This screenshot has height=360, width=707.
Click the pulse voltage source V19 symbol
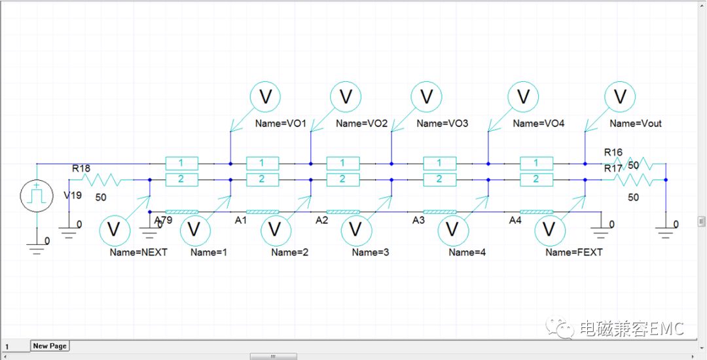click(37, 195)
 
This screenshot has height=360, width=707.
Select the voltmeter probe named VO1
click(266, 97)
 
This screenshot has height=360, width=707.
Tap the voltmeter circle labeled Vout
click(619, 97)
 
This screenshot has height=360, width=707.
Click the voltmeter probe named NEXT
click(113, 229)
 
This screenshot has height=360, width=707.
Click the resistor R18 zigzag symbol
click(98, 179)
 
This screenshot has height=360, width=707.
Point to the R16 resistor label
click(613, 153)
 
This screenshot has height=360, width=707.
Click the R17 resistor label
click(613, 169)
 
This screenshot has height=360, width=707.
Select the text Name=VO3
click(442, 123)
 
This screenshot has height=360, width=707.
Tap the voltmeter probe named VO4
click(523, 97)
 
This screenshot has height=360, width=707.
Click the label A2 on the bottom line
click(321, 221)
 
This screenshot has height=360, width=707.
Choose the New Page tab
click(50, 346)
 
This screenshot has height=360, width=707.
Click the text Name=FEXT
click(573, 252)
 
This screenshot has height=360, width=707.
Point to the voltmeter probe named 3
click(355, 229)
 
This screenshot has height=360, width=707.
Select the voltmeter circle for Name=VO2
click(346, 97)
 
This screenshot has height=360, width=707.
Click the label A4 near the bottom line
click(515, 221)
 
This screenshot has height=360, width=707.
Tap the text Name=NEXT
click(138, 252)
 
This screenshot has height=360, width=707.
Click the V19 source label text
click(72, 195)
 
